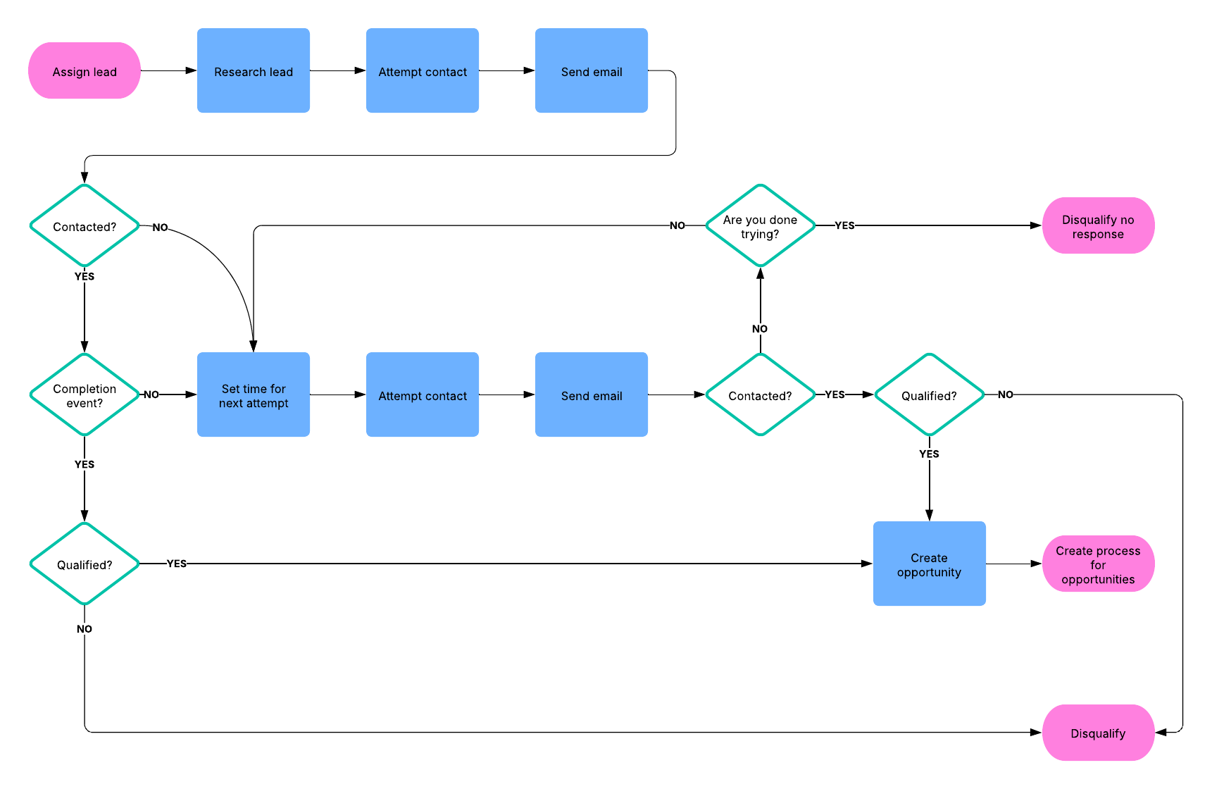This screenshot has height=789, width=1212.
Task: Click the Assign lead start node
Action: click(85, 70)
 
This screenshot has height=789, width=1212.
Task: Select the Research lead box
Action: click(254, 70)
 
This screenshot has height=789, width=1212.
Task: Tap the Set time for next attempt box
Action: click(254, 394)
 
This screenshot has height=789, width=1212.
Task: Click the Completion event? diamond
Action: click(85, 394)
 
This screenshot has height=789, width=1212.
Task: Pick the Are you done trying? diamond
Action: click(760, 225)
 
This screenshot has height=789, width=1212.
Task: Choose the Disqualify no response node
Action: click(1098, 225)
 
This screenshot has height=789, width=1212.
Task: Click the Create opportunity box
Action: click(929, 564)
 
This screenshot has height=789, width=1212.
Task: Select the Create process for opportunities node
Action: click(1098, 564)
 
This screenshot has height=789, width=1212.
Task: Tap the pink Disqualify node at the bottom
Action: click(1098, 733)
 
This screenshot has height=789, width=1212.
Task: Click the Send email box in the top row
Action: click(592, 70)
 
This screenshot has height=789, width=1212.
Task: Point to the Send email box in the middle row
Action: click(592, 394)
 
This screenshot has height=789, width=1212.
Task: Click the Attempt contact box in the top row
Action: click(423, 70)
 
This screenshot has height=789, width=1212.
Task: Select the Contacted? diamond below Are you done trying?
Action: click(760, 394)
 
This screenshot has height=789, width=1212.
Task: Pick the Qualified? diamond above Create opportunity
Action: click(929, 394)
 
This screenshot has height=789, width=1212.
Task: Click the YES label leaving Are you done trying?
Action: click(844, 225)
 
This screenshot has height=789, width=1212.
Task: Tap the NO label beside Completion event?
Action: click(151, 394)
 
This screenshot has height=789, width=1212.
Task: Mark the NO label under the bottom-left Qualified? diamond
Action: click(85, 629)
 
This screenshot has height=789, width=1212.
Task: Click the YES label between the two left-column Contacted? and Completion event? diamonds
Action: click(85, 276)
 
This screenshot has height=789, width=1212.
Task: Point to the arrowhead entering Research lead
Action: click(191, 70)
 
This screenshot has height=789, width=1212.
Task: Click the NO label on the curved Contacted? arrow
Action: click(160, 228)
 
